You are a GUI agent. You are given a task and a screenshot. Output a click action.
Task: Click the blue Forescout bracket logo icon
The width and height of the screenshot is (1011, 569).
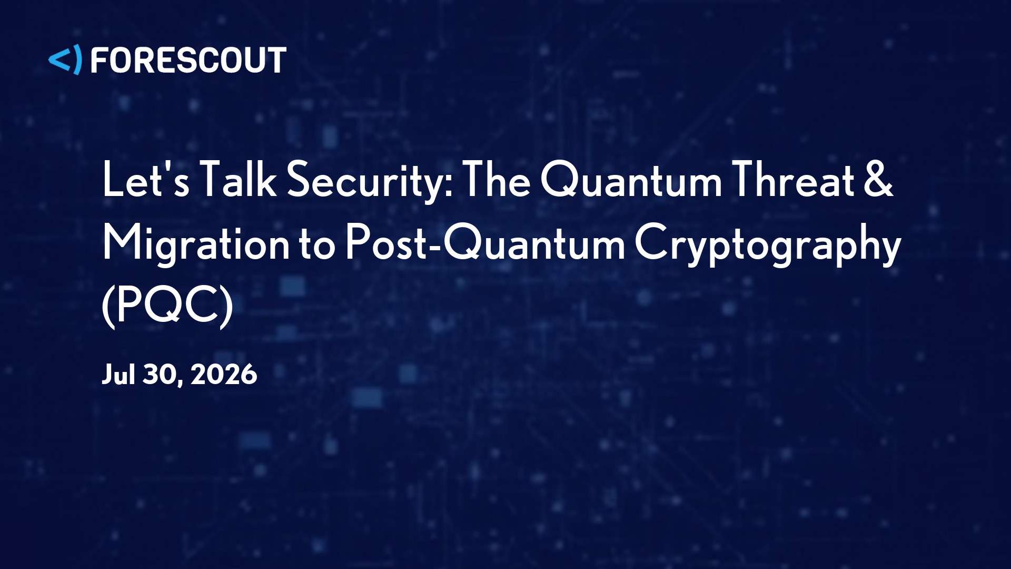click(65, 60)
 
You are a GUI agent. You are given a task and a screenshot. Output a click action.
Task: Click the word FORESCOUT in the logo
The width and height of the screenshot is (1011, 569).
click(189, 60)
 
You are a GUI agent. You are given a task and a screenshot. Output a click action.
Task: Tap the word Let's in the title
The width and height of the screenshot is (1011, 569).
click(145, 180)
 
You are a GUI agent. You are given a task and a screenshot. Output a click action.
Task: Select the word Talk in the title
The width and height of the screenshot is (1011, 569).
click(238, 180)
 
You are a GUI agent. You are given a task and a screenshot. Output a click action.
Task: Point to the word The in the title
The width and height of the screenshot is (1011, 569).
click(496, 180)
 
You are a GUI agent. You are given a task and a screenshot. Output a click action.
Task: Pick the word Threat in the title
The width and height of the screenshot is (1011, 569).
click(794, 180)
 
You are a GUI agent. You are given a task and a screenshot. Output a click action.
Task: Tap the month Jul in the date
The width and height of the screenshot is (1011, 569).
click(118, 375)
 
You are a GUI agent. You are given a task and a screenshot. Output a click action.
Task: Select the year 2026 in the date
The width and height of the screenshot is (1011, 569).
click(223, 375)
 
